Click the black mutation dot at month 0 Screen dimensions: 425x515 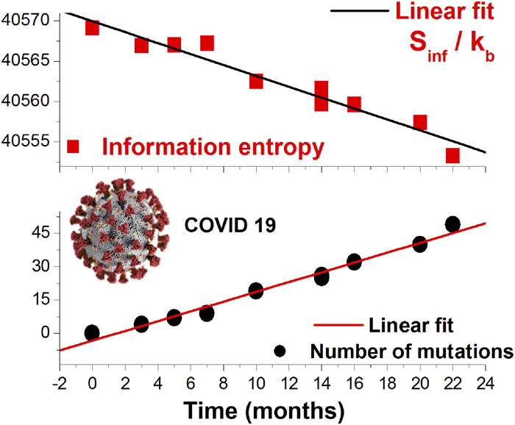92,333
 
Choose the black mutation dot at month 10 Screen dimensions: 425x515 256,290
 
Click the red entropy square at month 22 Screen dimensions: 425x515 453,156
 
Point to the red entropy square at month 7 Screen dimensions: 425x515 207,43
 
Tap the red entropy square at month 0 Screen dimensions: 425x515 92,28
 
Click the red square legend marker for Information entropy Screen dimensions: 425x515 74,146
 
